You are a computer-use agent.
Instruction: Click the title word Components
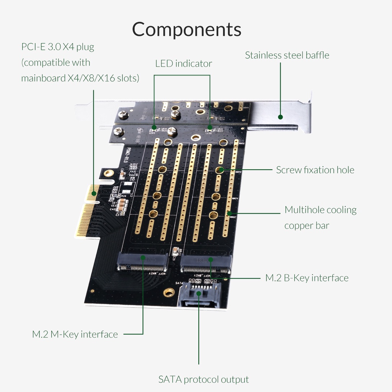[x=187, y=29]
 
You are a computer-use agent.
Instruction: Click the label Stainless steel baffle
[x=287, y=55]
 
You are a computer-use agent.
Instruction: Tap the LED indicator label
[x=183, y=64]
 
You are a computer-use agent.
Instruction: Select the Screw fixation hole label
[x=315, y=170]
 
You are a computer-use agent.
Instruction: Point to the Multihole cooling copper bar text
[x=320, y=217]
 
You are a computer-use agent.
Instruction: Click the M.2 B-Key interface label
[x=307, y=278]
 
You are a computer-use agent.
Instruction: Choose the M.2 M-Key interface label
[x=75, y=334]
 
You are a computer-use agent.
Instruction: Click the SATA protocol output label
[x=203, y=379]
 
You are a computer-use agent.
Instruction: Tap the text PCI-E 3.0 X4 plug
[x=58, y=47]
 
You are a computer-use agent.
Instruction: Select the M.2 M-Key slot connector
[x=143, y=262]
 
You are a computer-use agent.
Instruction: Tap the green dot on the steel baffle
[x=280, y=117]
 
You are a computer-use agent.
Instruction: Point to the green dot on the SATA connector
[x=199, y=293]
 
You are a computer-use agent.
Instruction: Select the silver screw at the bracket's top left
[x=123, y=114]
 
